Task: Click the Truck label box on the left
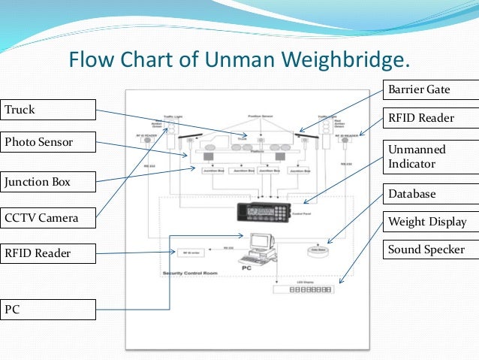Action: pos(49,110)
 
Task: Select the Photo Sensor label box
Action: pos(49,141)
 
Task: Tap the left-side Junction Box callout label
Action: pos(49,181)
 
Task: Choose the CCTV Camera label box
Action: pos(49,219)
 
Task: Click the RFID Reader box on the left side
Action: pos(49,253)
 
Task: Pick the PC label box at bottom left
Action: pos(49,308)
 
